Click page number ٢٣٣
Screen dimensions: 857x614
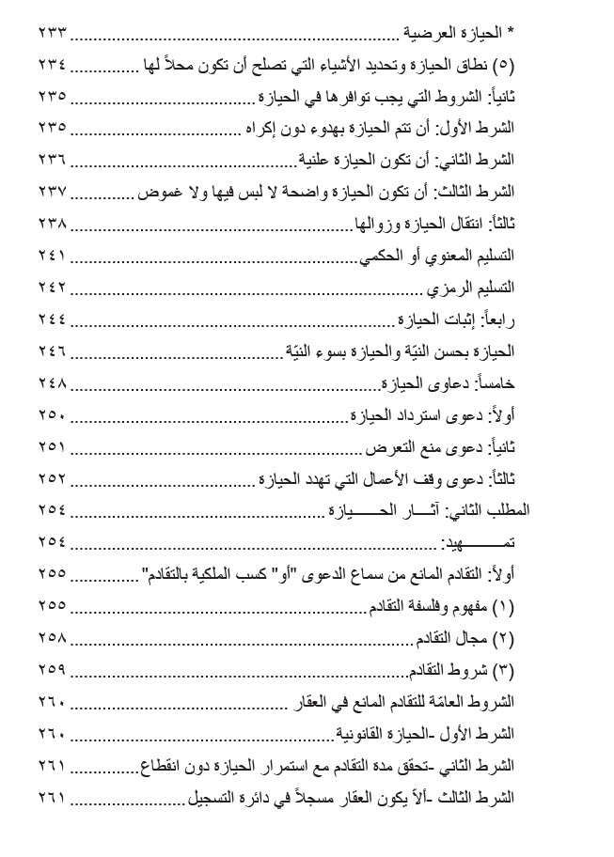click(x=53, y=33)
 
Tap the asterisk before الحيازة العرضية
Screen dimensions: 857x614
click(x=511, y=33)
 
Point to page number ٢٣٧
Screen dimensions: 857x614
click(x=53, y=192)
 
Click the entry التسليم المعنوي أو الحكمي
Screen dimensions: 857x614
click(x=437, y=256)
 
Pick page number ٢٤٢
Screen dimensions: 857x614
click(x=53, y=288)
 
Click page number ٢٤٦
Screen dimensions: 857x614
click(x=53, y=351)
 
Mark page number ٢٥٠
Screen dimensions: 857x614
click(x=53, y=415)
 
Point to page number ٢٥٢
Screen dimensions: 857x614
click(x=53, y=479)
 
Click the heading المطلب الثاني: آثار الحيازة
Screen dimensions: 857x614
click(x=429, y=511)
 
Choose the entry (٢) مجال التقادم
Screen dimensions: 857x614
click(x=465, y=639)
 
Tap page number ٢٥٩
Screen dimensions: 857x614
click(x=53, y=671)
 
